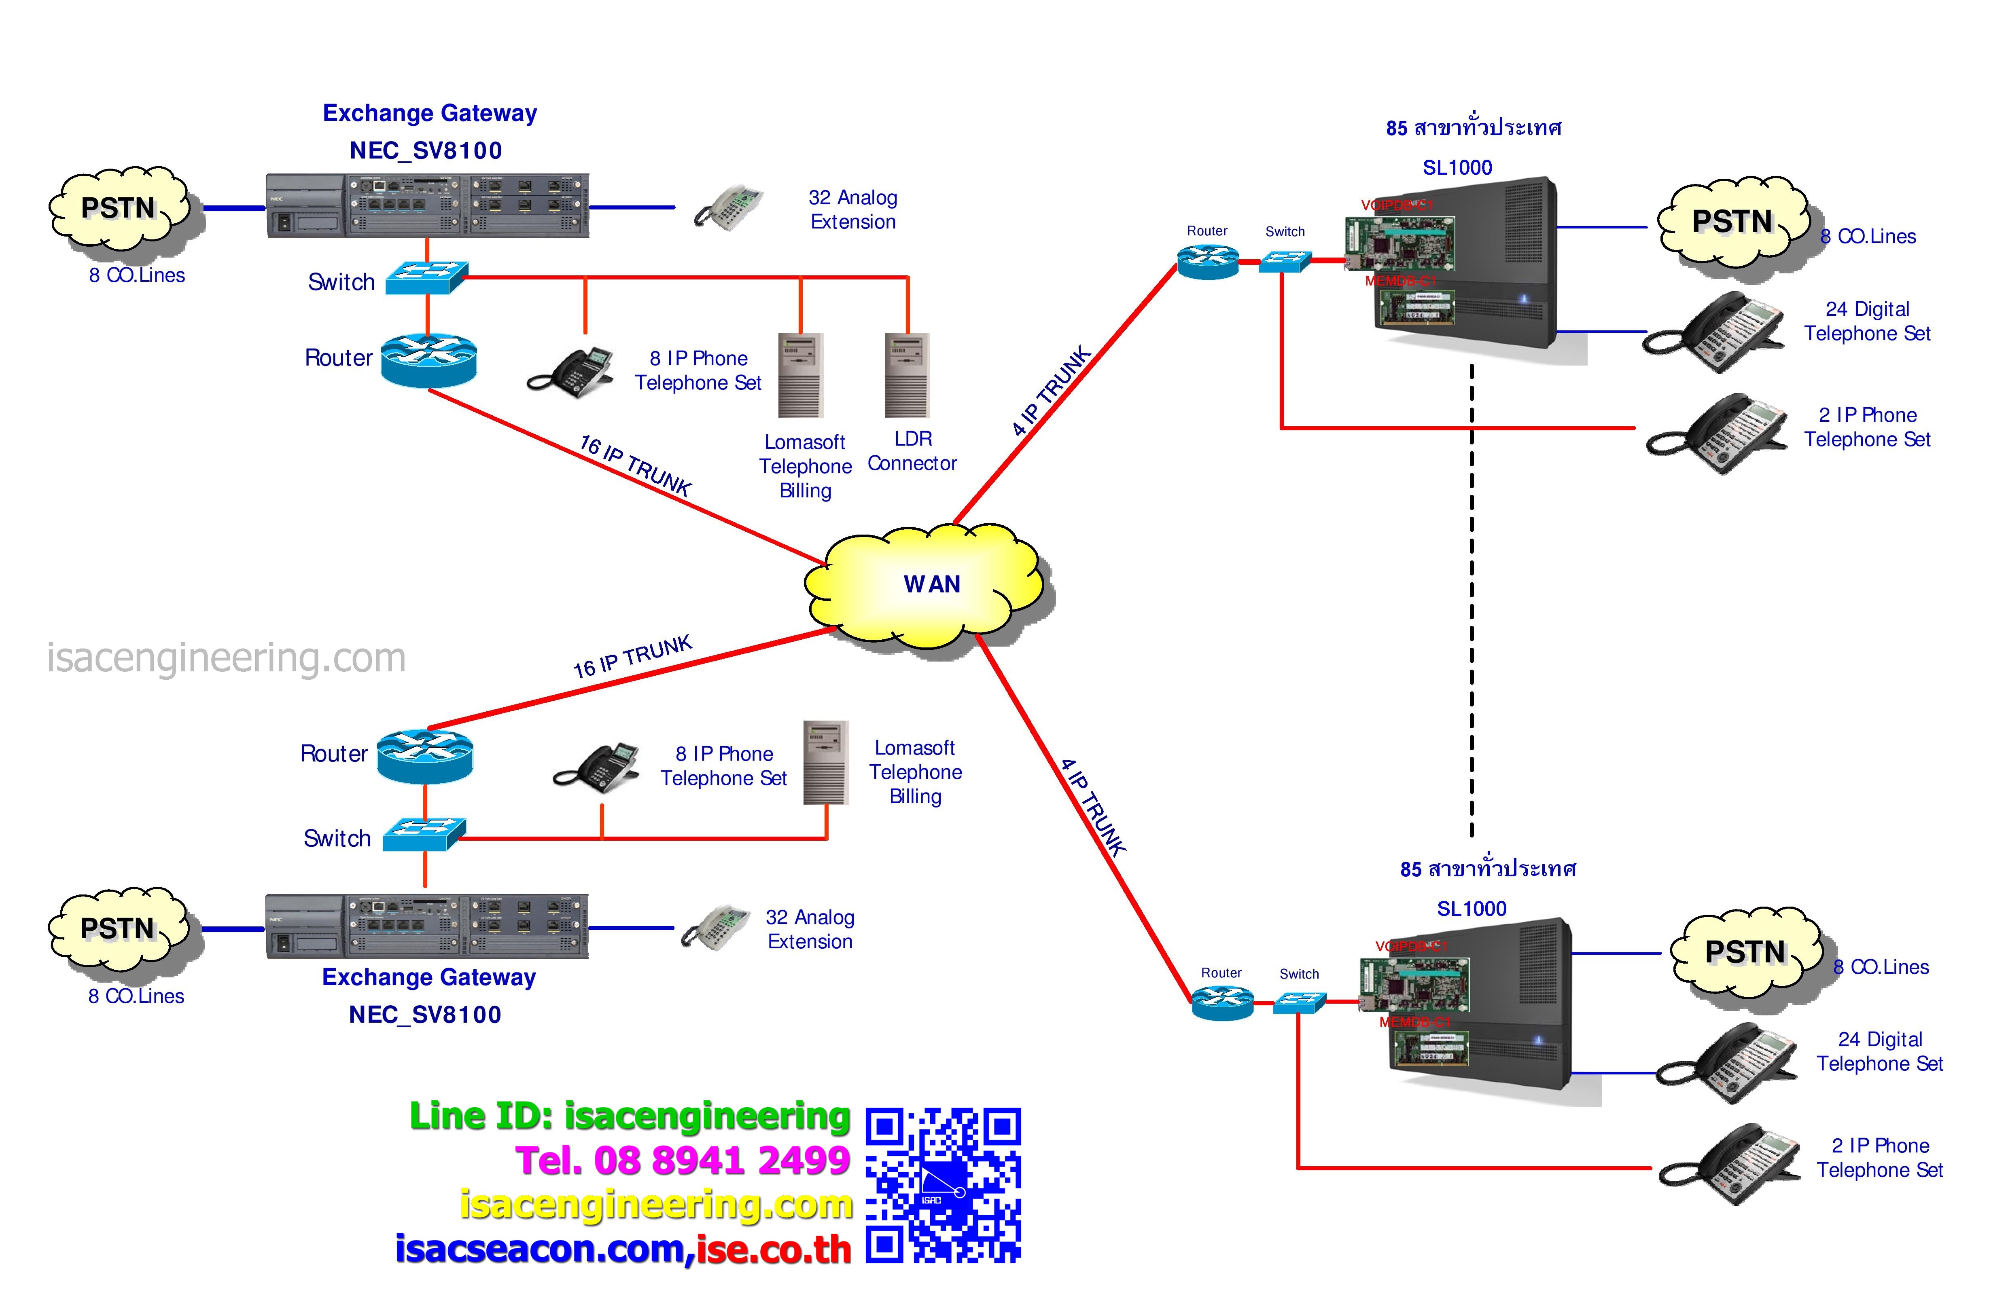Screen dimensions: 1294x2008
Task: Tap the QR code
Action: [943, 1185]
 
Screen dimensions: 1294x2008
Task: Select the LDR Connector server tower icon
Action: [907, 376]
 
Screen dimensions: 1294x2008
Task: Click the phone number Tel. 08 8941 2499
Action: [683, 1161]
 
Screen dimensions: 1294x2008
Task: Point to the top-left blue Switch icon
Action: [426, 277]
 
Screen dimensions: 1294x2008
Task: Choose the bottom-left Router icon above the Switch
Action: [424, 756]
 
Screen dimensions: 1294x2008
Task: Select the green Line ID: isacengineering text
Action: [630, 1116]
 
